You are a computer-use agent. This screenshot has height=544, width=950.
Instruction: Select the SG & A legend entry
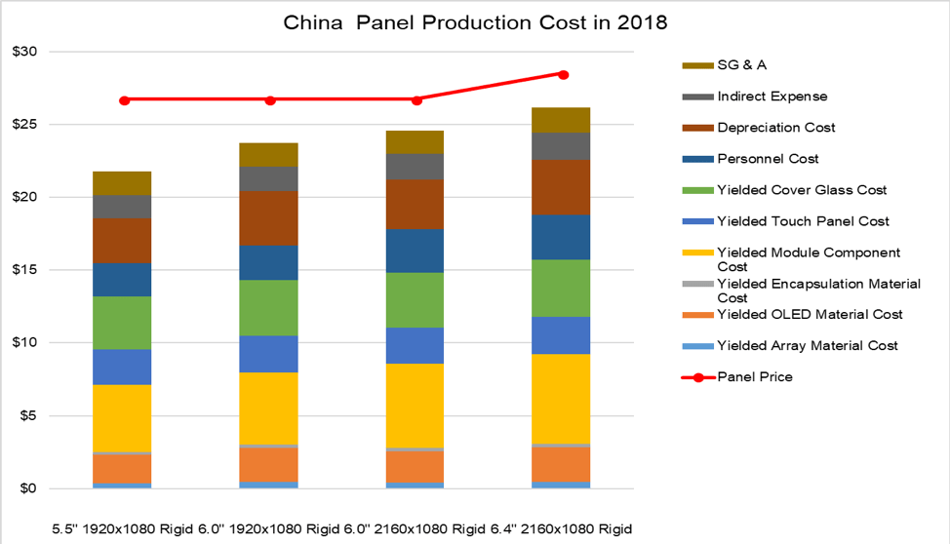coord(744,65)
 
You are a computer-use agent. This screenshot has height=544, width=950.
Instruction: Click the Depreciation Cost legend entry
coord(775,128)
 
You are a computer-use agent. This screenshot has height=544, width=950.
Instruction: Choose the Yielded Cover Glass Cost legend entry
coord(802,190)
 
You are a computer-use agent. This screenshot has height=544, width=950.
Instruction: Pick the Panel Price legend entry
coord(754,376)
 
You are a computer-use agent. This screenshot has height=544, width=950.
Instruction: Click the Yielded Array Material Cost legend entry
coord(807,345)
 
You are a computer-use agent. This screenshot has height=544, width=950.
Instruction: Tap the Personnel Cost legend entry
coord(768,159)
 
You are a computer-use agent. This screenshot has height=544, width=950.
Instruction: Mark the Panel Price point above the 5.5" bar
coord(124,99)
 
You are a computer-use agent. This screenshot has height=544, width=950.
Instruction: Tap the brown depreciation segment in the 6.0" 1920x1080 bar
coord(268,217)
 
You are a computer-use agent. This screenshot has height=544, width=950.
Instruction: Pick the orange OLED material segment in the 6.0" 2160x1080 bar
coord(415,466)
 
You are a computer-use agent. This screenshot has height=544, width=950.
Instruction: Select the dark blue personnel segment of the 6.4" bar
coord(561,237)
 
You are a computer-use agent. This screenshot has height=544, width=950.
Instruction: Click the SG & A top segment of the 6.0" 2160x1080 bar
coord(415,142)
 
